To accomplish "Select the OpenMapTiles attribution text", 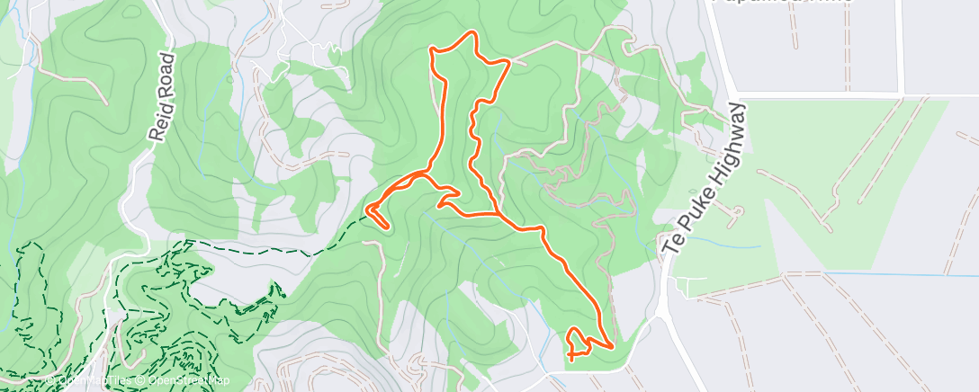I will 90,380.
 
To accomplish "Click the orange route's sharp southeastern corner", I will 613,345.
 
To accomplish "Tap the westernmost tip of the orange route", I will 367,211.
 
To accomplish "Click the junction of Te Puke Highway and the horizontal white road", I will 737,94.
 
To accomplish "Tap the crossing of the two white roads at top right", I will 901,94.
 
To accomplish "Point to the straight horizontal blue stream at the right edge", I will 900,275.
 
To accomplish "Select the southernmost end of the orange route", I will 570,360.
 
